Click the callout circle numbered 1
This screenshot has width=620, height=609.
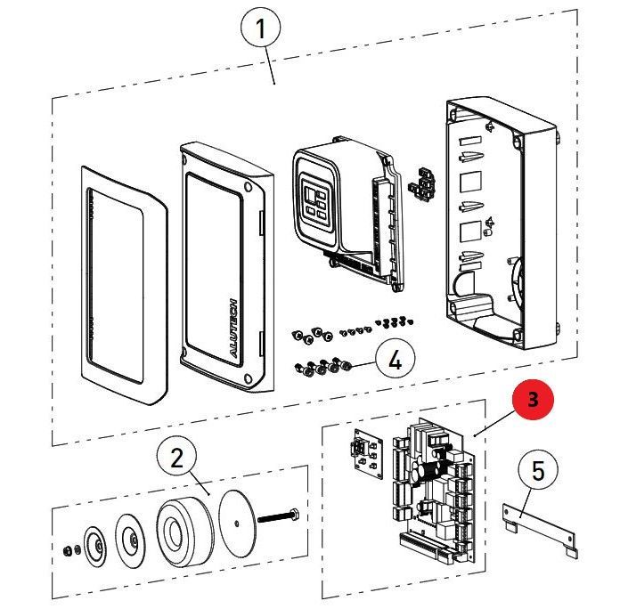coord(260,29)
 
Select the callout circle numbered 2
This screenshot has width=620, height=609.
coord(176,459)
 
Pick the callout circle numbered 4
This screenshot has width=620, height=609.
coord(396,361)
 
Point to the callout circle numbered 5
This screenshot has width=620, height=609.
coord(538,470)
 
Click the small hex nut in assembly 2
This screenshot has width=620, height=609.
coord(69,550)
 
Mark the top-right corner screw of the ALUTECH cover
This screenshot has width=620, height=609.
coord(246,188)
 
